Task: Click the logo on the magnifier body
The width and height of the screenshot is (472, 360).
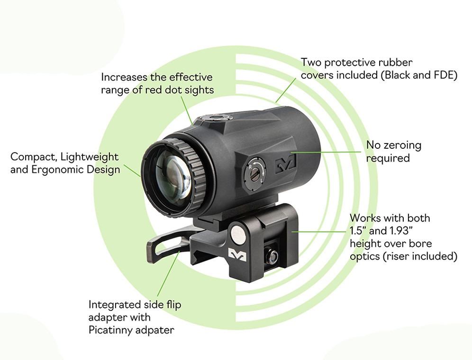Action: point(285,164)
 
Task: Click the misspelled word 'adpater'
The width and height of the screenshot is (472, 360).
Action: point(155,330)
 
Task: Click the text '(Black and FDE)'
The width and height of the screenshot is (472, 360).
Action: point(420,75)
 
